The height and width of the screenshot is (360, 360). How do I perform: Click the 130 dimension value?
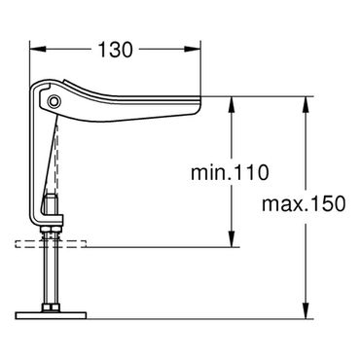115,50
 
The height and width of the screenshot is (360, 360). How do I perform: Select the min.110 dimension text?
230,172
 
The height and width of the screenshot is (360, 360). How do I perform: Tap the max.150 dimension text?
304,204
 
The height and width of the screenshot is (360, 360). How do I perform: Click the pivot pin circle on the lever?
54,101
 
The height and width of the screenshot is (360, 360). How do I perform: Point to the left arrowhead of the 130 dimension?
37,50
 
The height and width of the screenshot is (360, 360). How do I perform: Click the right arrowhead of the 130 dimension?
193,50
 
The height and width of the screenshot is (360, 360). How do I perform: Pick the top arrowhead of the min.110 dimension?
232,104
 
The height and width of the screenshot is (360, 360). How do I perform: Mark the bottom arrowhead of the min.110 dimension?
232,239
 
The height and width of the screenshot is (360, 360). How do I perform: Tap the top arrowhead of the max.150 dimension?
306,104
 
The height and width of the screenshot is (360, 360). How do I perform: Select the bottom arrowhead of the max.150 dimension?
306,311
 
